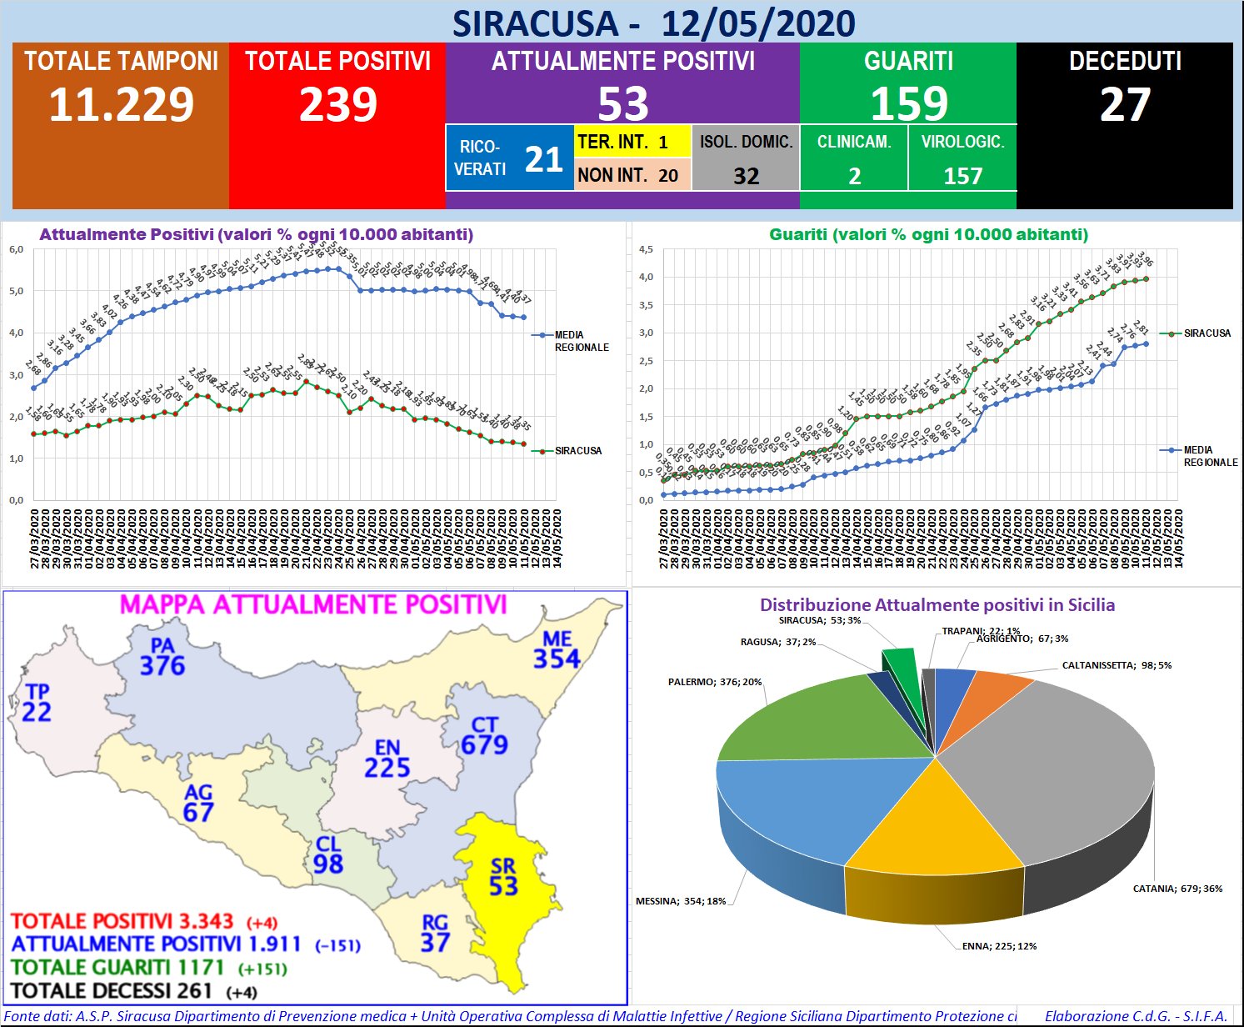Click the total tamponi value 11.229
(121, 105)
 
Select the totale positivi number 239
(337, 105)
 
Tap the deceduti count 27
(1124, 105)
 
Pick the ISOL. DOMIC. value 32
(746, 176)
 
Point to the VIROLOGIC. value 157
(962, 176)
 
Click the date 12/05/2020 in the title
(758, 23)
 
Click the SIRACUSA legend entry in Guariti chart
(1207, 333)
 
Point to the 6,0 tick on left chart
(16, 249)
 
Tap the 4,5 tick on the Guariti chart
(646, 249)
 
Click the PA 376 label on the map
(162, 657)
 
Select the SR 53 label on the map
(503, 877)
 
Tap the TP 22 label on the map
(37, 703)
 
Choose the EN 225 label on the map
(387, 758)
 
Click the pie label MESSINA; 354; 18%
(681, 901)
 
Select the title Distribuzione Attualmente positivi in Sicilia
(937, 605)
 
